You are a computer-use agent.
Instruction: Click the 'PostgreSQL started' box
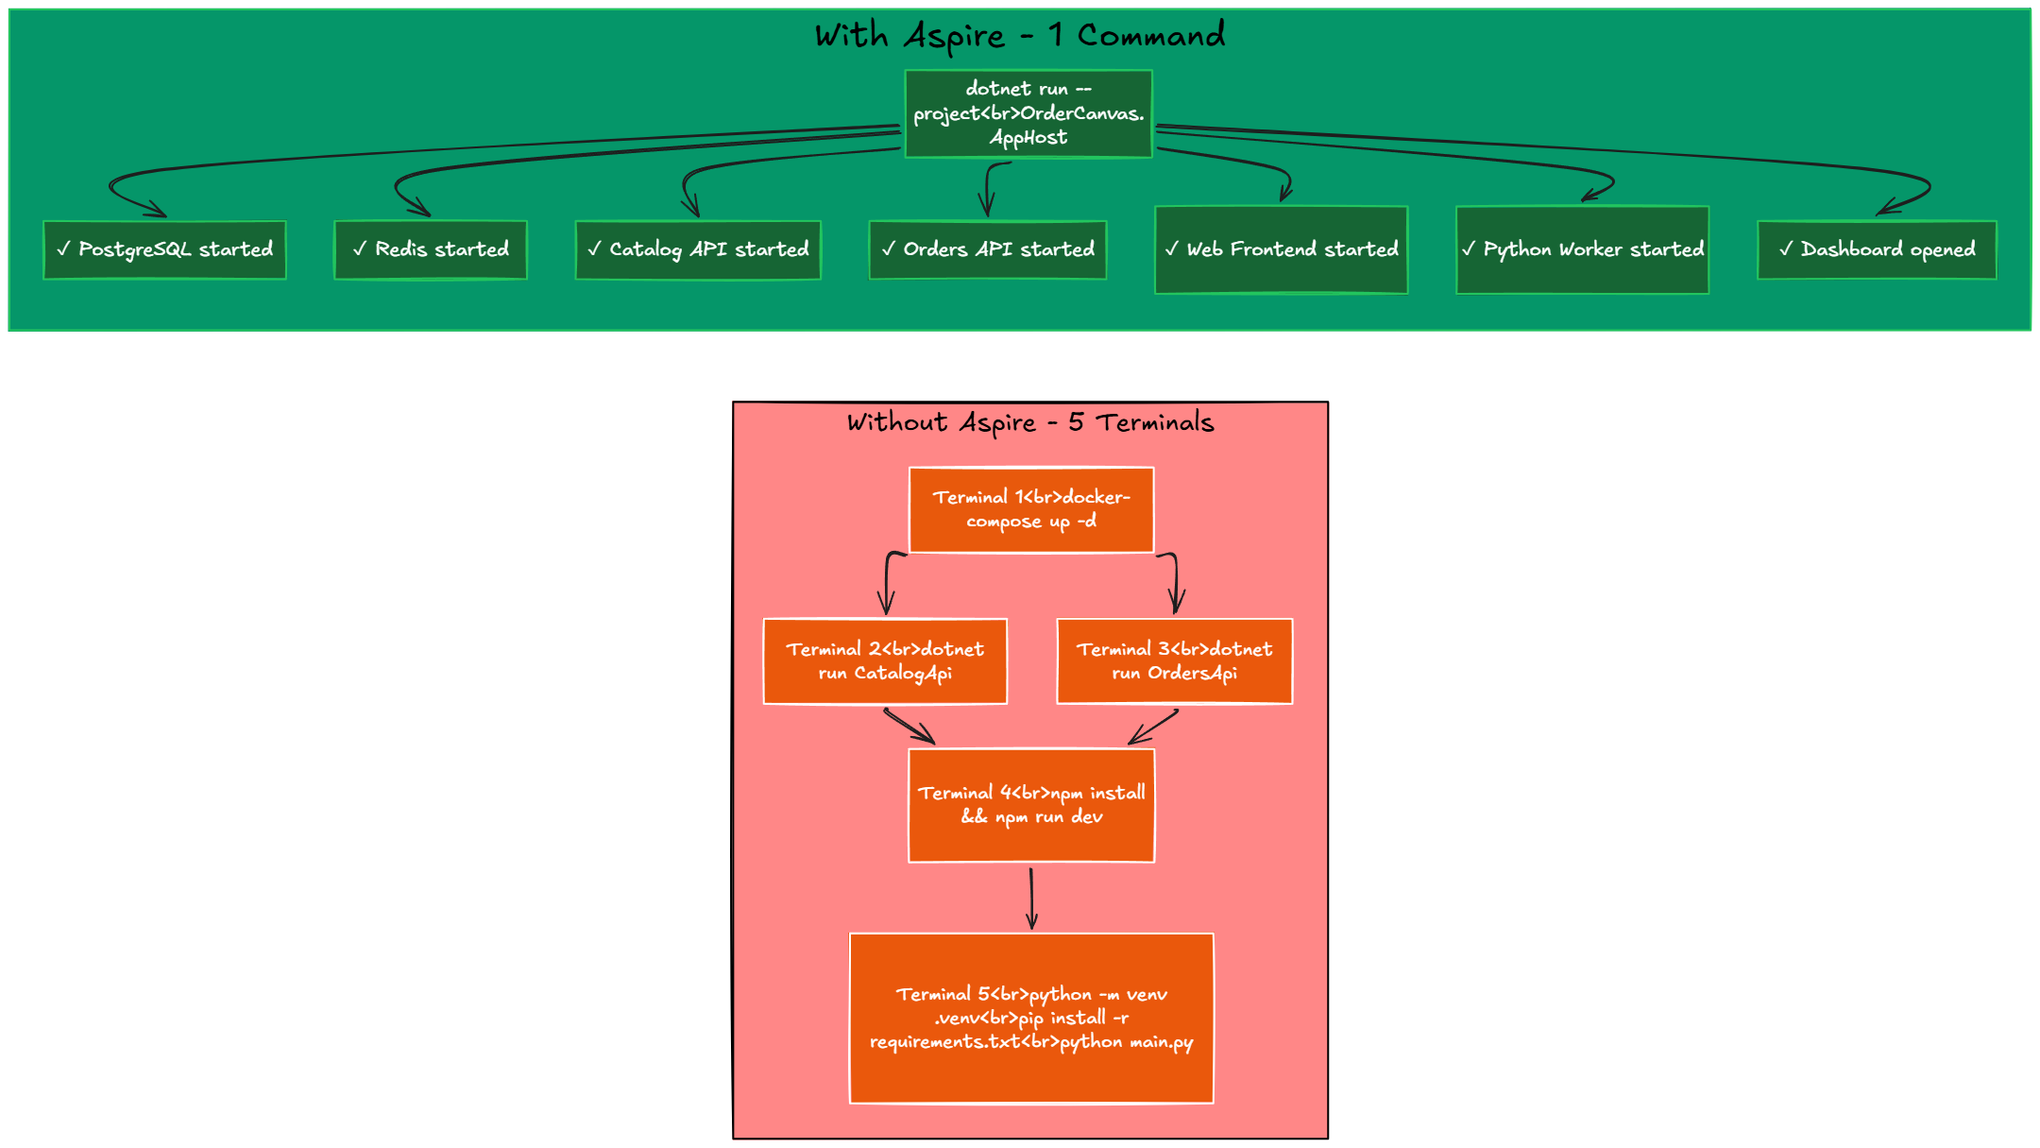point(164,249)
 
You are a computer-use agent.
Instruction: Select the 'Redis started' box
point(431,249)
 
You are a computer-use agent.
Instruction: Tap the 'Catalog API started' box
point(698,249)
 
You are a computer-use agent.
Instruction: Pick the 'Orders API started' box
point(987,249)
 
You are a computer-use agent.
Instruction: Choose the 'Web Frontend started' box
point(1281,249)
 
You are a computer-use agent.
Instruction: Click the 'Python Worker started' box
point(1582,249)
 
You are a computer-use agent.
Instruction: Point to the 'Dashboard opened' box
point(1877,249)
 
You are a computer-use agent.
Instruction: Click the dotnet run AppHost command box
point(1028,113)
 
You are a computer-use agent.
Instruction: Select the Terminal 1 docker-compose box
point(1031,509)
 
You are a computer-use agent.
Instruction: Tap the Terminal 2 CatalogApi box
point(885,661)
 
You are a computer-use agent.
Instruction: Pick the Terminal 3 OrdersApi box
point(1174,661)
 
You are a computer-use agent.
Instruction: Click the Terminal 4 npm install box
point(1031,805)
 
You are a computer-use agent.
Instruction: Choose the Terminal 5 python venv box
point(1031,1018)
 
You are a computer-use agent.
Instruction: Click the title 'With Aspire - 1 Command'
point(1020,36)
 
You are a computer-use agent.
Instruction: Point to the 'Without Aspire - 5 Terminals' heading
point(1030,422)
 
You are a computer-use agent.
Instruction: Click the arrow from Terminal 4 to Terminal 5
point(1031,898)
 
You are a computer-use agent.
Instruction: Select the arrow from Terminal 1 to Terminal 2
point(888,581)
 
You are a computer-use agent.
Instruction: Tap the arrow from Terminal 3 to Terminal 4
point(1154,727)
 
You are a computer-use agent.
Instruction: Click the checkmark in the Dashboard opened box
point(1786,248)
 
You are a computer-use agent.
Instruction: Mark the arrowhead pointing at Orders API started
point(987,210)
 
